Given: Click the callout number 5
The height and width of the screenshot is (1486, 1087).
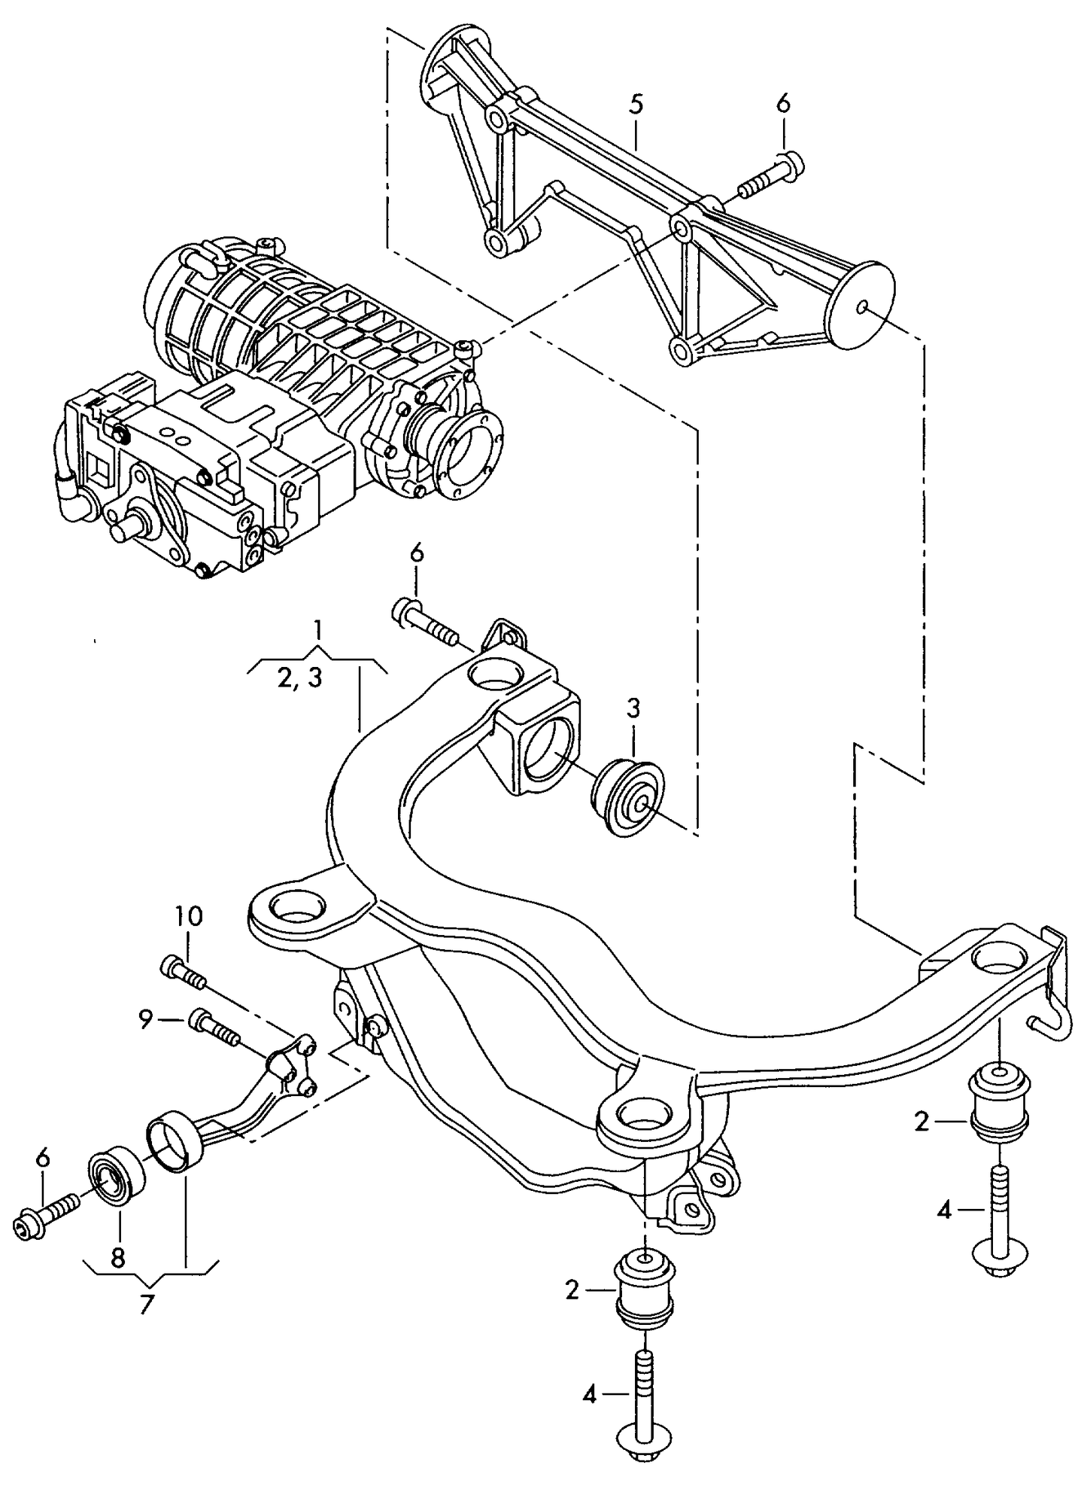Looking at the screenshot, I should click(636, 105).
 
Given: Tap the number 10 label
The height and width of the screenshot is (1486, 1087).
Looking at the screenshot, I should click(189, 916).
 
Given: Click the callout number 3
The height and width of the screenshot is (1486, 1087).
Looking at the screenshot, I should click(633, 708).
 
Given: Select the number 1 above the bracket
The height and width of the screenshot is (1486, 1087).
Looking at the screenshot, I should click(318, 629).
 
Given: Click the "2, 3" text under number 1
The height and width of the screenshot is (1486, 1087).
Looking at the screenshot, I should click(299, 678).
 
